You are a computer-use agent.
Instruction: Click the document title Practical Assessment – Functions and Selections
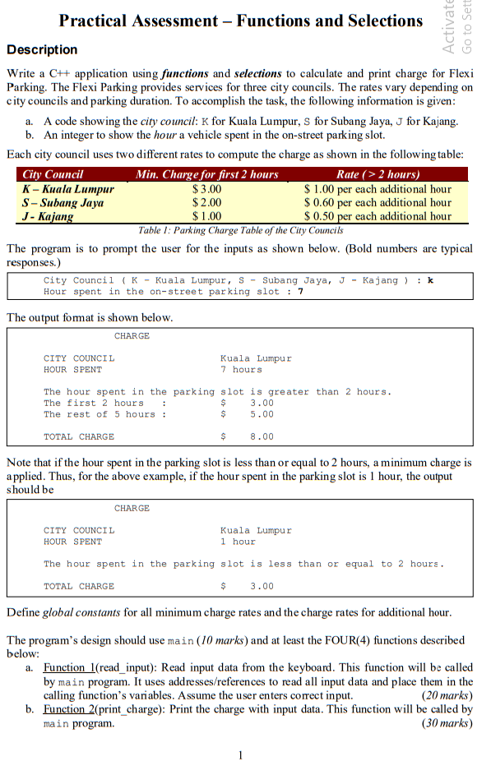click(x=241, y=21)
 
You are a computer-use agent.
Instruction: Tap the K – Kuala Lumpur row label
click(x=67, y=188)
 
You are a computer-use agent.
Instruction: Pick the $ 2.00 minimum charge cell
click(x=206, y=202)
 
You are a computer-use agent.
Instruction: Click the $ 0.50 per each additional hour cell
click(x=378, y=216)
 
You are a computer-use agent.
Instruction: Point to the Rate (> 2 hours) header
click(x=378, y=174)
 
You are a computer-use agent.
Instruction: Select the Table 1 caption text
click(x=240, y=230)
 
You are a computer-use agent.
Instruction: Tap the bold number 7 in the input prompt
click(x=301, y=292)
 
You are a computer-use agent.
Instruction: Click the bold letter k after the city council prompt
click(x=430, y=280)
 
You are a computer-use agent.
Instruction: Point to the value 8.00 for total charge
click(x=262, y=437)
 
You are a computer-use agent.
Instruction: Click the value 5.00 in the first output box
click(x=262, y=414)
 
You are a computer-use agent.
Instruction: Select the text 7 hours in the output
click(x=241, y=370)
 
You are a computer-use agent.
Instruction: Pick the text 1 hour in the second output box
click(x=239, y=542)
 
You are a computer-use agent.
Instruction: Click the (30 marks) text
click(x=447, y=723)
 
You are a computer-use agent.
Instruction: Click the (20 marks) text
click(x=447, y=694)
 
